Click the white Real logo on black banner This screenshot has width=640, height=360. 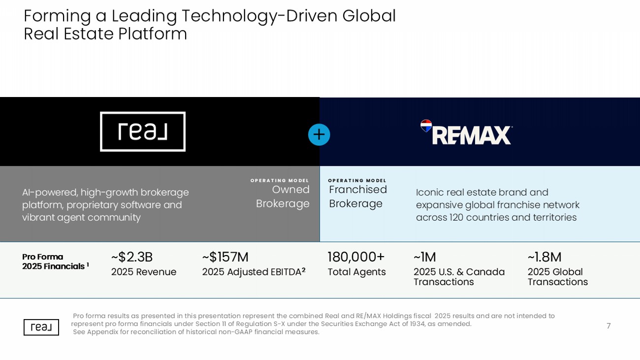tap(143, 131)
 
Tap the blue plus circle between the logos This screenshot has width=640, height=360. tap(319, 134)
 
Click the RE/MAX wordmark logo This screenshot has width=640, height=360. tap(472, 135)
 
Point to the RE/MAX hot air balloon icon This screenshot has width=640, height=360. tap(426, 126)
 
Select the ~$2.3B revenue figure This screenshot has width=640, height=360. tap(132, 257)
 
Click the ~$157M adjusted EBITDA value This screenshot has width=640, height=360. tap(225, 257)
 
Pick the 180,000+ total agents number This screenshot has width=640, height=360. tap(356, 257)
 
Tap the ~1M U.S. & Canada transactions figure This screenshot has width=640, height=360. tap(424, 257)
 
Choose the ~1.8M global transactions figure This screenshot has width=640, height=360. tap(544, 257)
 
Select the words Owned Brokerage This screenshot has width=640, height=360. tap(283, 196)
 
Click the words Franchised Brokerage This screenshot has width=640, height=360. tap(358, 196)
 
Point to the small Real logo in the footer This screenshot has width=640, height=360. tap(41, 327)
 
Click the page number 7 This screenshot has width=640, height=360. tap(608, 326)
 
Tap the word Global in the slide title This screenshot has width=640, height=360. tap(369, 16)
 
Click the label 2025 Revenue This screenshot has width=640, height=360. tap(143, 272)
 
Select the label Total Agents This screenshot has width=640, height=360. tap(356, 272)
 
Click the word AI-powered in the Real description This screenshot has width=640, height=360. tap(49, 193)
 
